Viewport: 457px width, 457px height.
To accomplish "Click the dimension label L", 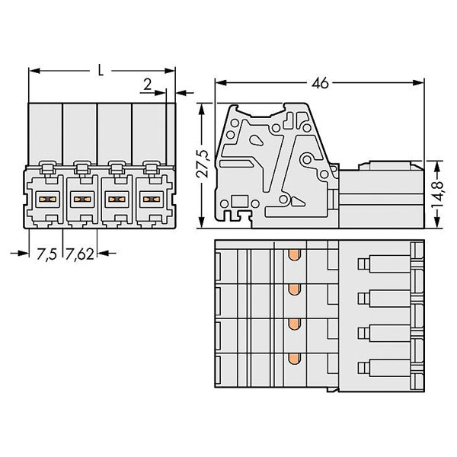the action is coord(101,71).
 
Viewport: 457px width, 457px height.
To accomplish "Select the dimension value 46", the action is coord(320,83).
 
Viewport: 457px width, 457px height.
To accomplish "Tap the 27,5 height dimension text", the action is coord(203,164).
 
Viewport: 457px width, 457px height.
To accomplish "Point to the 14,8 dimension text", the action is coord(437,194).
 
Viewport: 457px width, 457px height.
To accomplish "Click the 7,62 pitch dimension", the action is coord(79,254).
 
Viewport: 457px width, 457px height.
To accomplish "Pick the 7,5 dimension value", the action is coord(46,254).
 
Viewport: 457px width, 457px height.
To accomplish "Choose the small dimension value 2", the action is coord(148,85).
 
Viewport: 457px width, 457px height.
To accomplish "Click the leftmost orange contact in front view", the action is coord(47,200).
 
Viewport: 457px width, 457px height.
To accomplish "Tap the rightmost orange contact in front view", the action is coord(152,200).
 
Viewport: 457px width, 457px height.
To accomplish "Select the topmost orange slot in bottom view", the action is coord(294,255).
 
